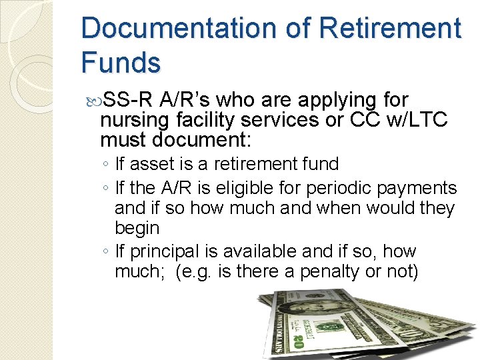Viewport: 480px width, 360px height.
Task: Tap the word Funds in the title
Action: point(121,62)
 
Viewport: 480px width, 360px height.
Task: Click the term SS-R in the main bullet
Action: point(131,101)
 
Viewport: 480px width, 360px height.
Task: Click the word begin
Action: point(137,229)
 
